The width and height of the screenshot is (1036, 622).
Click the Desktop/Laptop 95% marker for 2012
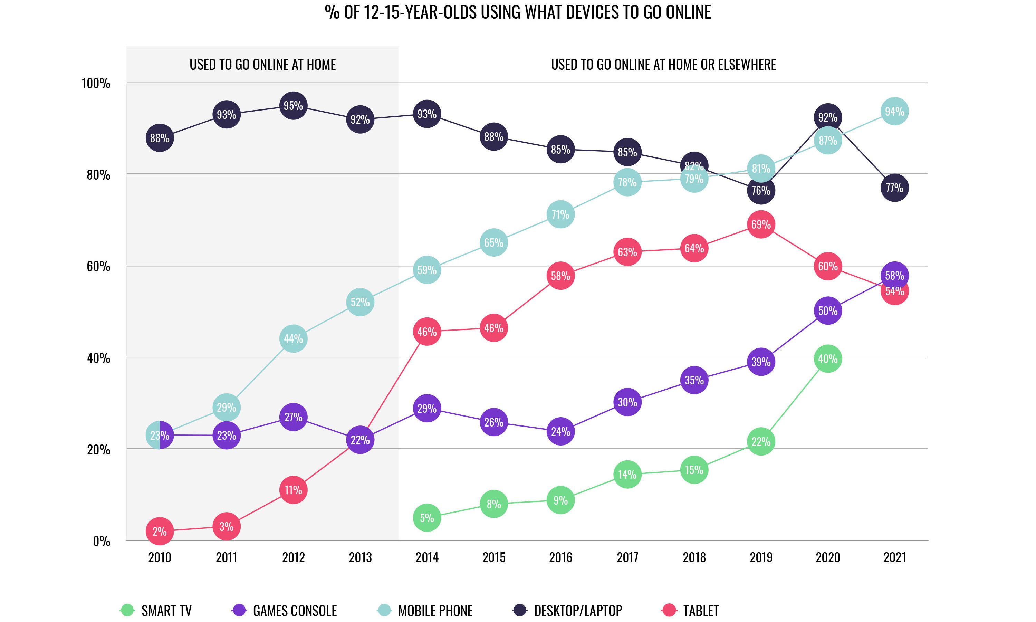[x=293, y=106]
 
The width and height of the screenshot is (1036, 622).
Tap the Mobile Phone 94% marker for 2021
[x=894, y=112]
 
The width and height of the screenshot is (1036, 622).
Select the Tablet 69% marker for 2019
[x=761, y=224]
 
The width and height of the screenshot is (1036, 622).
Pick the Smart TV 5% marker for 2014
[x=426, y=518]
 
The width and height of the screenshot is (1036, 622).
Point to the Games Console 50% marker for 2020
[x=828, y=311]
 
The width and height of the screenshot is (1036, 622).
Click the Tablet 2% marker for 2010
[x=159, y=532]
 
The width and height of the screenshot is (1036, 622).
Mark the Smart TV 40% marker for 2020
[x=828, y=359]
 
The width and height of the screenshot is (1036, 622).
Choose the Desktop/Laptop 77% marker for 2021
[x=894, y=188]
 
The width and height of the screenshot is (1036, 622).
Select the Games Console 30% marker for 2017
[x=627, y=402]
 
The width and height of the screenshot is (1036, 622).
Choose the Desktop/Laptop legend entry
[x=568, y=610]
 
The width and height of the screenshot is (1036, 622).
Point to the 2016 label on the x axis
[x=560, y=557]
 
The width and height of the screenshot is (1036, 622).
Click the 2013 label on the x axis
[x=360, y=557]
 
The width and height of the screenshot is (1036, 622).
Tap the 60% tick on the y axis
[x=98, y=267]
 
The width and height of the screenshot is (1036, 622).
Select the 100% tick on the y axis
[x=96, y=84]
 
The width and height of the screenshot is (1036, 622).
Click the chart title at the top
[x=518, y=12]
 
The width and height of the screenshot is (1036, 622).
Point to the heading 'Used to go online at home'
[x=263, y=65]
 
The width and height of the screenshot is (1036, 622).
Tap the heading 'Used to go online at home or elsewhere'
[x=663, y=65]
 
